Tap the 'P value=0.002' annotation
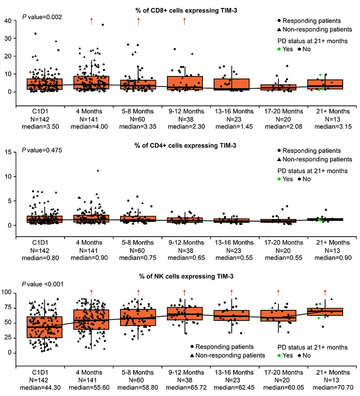[x=42, y=17]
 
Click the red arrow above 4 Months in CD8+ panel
[x=91, y=22]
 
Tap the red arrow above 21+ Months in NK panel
[x=325, y=292]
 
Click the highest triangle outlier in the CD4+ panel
[x=98, y=170]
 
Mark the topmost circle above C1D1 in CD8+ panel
[x=36, y=34]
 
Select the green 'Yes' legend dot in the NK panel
[x=279, y=356]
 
